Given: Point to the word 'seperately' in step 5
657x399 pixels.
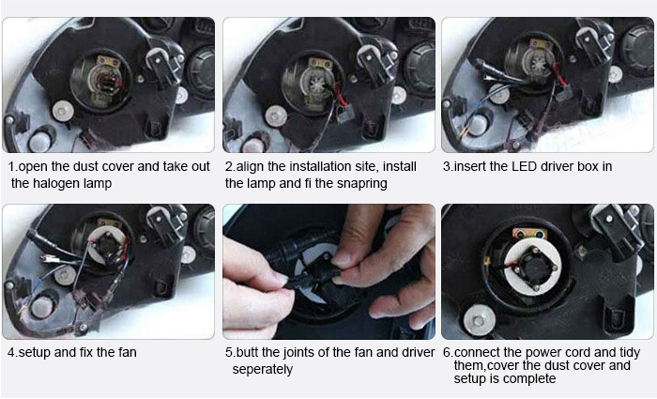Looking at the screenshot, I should (263, 369).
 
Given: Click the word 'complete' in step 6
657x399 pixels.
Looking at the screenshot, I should (531, 378).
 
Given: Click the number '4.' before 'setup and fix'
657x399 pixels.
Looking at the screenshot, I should (12, 353).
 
